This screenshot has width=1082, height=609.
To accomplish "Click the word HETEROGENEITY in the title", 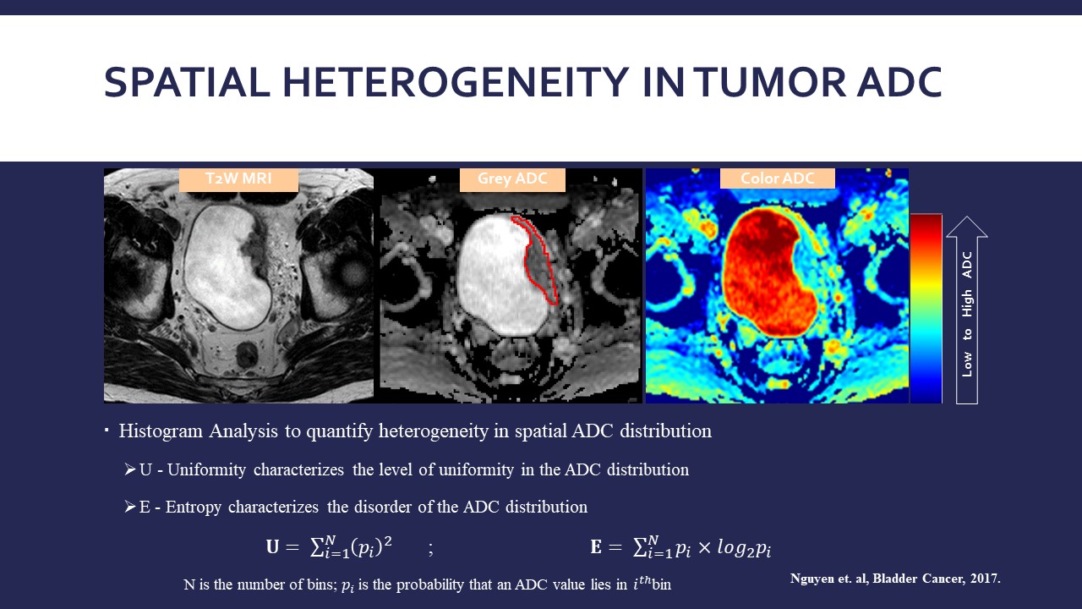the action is tap(455, 82).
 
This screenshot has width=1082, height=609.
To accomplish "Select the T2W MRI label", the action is tap(238, 178).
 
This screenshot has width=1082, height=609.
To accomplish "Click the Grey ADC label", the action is tap(512, 178).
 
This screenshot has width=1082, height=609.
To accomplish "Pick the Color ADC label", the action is tap(777, 178).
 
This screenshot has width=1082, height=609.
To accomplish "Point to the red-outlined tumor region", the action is tap(538, 261).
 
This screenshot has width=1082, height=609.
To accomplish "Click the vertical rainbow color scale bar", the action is tap(926, 308).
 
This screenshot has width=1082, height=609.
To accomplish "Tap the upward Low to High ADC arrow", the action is tap(966, 310).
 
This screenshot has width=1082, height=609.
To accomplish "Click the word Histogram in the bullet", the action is tap(161, 431).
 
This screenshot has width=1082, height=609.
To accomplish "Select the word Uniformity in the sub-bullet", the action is tap(207, 470).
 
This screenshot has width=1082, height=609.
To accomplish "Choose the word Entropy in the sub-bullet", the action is tap(194, 507).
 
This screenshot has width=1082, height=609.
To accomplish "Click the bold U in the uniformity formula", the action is tap(272, 546).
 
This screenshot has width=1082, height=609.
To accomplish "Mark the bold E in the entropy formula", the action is tap(596, 546).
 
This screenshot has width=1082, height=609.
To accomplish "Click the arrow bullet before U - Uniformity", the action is tap(129, 469).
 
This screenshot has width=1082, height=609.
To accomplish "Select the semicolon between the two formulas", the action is tap(430, 549).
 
